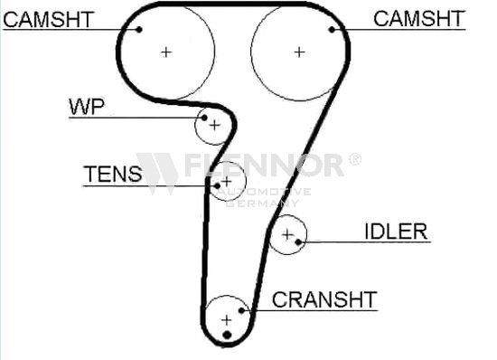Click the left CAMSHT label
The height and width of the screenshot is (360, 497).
[x=49, y=19]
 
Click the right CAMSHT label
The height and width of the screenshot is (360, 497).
[x=419, y=18]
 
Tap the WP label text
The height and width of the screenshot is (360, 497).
[x=87, y=107]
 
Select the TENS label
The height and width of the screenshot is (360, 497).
[x=113, y=174]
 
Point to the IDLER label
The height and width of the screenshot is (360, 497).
[x=396, y=232]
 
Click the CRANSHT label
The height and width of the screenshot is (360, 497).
[x=324, y=299]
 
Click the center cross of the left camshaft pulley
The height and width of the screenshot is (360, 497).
[x=166, y=52]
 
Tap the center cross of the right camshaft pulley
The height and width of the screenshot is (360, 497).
[x=299, y=52]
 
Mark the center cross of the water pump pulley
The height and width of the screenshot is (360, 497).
[x=215, y=126]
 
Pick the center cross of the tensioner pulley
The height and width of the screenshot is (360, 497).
[x=226, y=182]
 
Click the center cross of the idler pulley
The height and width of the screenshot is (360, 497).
[x=287, y=234]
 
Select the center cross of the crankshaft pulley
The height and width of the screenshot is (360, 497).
[x=226, y=320]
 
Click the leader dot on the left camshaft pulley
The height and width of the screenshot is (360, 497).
[x=139, y=30]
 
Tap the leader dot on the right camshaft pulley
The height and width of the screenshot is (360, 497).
[x=332, y=30]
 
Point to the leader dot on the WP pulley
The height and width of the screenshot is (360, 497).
[x=204, y=118]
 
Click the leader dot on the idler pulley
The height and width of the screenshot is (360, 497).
[x=298, y=242]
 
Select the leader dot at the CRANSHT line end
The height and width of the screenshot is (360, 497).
[x=241, y=310]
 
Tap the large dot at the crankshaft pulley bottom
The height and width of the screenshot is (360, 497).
[x=227, y=335]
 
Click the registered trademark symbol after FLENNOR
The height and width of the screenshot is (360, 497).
[x=355, y=159]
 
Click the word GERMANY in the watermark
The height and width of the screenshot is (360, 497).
[x=263, y=203]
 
